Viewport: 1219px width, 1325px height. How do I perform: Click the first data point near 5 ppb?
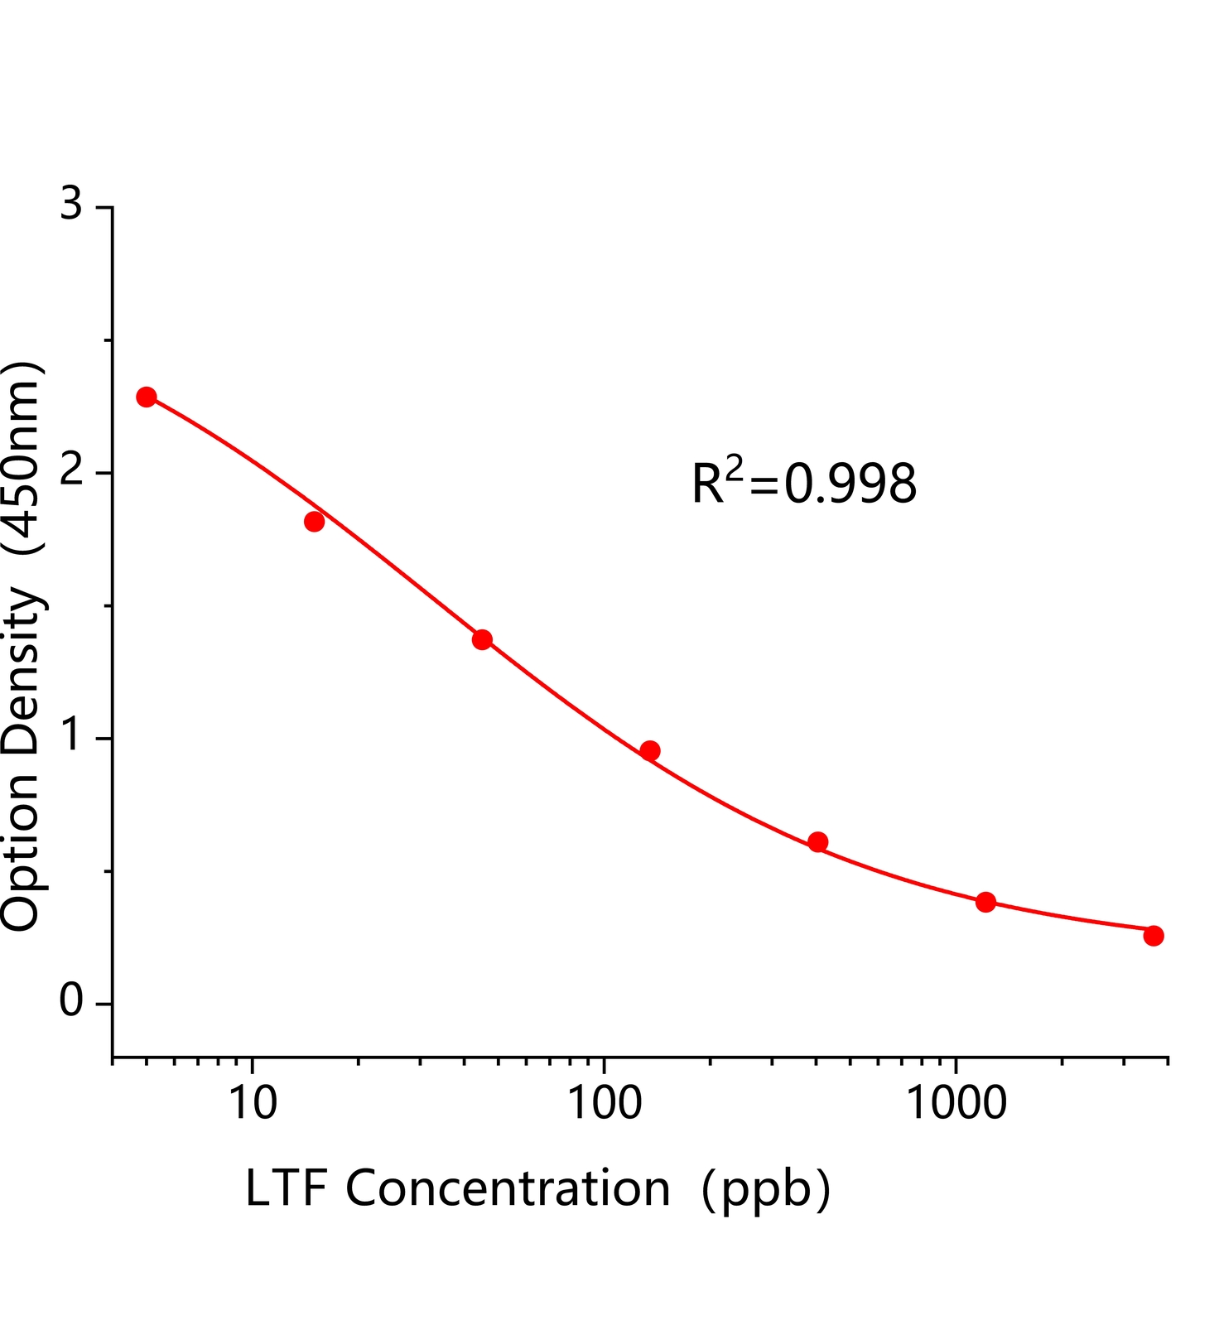pyautogui.click(x=147, y=397)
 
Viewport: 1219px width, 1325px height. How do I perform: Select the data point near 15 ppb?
pyautogui.click(x=314, y=522)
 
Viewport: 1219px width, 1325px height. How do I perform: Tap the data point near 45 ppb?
pyautogui.click(x=482, y=639)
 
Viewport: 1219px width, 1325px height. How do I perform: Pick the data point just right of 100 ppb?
pyautogui.click(x=650, y=751)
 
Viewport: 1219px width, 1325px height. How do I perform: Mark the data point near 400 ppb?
pyautogui.click(x=817, y=842)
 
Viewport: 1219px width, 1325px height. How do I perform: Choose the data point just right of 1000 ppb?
pyautogui.click(x=985, y=902)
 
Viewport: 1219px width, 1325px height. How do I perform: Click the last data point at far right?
pyautogui.click(x=1154, y=936)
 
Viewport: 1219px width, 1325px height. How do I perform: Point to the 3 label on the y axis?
pyautogui.click(x=72, y=205)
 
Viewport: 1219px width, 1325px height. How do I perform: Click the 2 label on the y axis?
pyautogui.click(x=72, y=471)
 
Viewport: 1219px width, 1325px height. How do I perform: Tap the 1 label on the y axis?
pyautogui.click(x=72, y=736)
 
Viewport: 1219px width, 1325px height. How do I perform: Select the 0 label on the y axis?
pyautogui.click(x=72, y=1002)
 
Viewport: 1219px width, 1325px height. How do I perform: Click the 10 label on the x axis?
pyautogui.click(x=252, y=1103)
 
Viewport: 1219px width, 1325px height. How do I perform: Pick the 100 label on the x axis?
pyautogui.click(x=604, y=1103)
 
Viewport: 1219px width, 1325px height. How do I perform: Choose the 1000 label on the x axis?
pyautogui.click(x=956, y=1103)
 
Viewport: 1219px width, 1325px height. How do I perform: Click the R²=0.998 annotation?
pyautogui.click(x=803, y=484)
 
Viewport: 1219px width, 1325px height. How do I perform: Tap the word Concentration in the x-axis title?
pyautogui.click(x=508, y=1189)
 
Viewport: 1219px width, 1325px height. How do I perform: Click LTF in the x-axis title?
pyautogui.click(x=285, y=1189)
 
